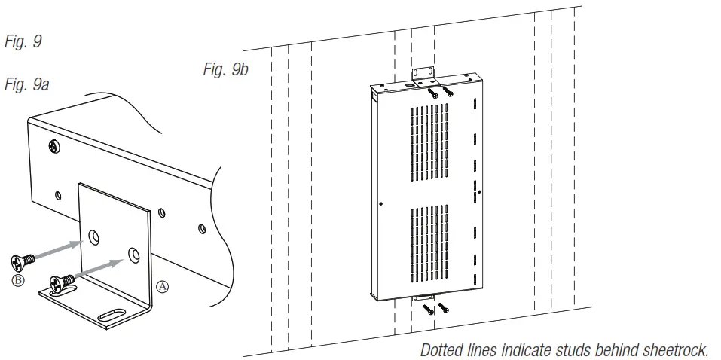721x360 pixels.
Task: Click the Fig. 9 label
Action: [x=23, y=42]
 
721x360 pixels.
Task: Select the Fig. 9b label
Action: [x=226, y=70]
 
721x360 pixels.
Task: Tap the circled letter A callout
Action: [x=162, y=286]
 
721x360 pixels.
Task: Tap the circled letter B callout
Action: [x=18, y=280]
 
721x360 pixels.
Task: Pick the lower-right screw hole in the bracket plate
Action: [x=133, y=254]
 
